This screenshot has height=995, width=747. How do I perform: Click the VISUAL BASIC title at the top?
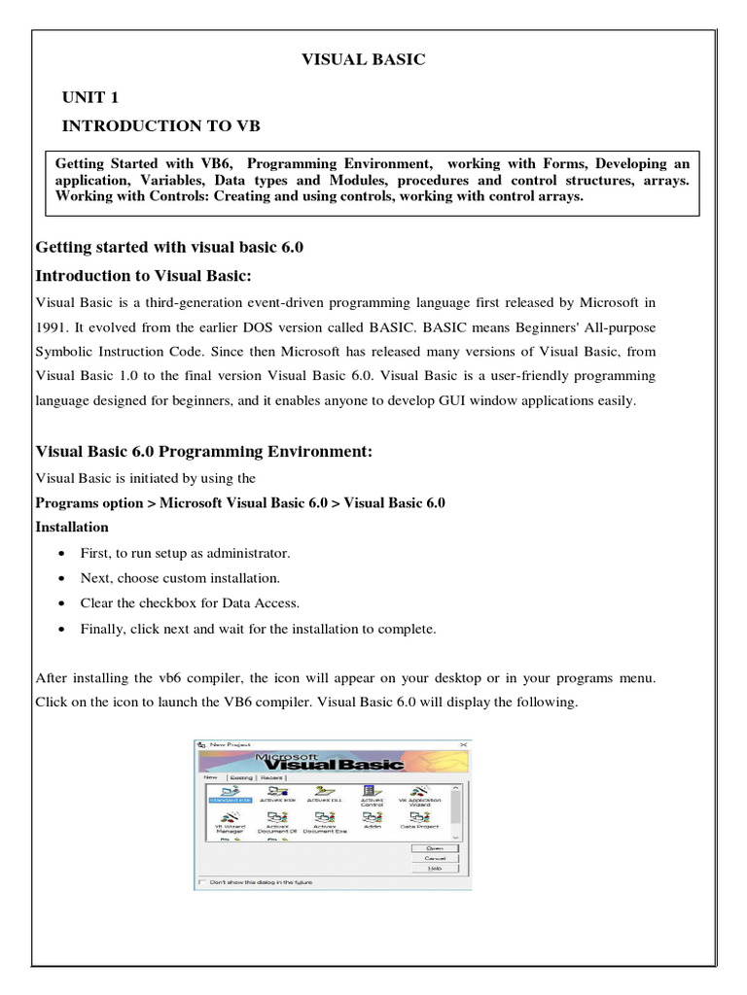pyautogui.click(x=363, y=60)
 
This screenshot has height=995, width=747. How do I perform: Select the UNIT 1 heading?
pyautogui.click(x=91, y=97)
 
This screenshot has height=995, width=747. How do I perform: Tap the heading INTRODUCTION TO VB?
pyautogui.click(x=160, y=126)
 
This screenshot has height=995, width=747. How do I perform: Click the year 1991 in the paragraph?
pyautogui.click(x=51, y=326)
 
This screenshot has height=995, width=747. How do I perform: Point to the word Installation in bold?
pyautogui.click(x=72, y=527)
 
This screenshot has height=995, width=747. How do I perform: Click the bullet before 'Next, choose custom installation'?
pyautogui.click(x=61, y=578)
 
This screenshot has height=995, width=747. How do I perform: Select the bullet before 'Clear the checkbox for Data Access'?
pyautogui.click(x=61, y=603)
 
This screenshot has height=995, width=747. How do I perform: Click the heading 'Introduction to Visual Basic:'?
pyautogui.click(x=144, y=275)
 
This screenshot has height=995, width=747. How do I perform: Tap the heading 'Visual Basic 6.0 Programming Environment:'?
pyautogui.click(x=204, y=452)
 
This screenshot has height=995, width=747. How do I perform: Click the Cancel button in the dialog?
pyautogui.click(x=435, y=858)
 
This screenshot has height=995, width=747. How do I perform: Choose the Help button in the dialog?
pyautogui.click(x=435, y=869)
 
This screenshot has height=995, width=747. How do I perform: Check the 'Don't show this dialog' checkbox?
pyautogui.click(x=202, y=881)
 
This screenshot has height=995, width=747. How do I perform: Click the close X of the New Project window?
pyautogui.click(x=464, y=743)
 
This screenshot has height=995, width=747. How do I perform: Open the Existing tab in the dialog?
pyautogui.click(x=241, y=777)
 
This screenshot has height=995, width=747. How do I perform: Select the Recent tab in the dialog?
pyautogui.click(x=270, y=777)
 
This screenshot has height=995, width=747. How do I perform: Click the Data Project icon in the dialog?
pyautogui.click(x=419, y=820)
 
